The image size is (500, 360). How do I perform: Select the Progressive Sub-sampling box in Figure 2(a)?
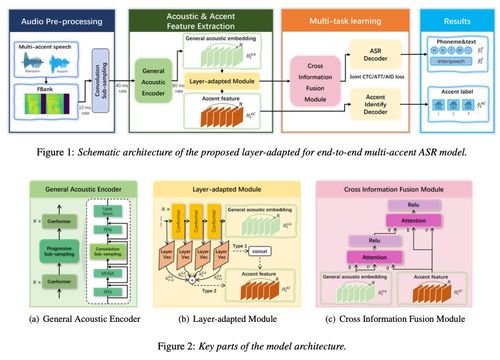click(x=63, y=247)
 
